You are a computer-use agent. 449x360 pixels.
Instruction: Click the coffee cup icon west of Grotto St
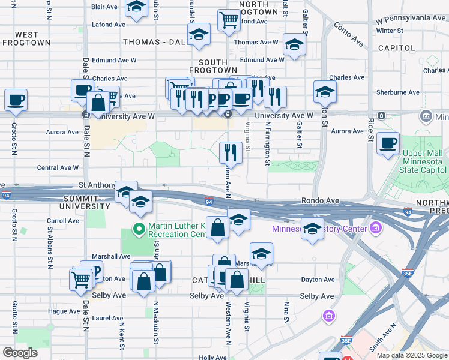16,100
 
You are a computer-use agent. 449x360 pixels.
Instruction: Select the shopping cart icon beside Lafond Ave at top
229,20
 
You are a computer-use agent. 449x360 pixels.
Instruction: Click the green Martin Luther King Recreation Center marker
139,229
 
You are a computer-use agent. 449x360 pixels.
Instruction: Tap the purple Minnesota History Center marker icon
376,228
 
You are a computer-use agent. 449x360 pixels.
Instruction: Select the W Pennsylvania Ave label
411,19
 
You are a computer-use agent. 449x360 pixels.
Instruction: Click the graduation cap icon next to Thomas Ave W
294,46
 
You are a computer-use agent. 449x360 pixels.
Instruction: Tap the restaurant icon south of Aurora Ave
231,152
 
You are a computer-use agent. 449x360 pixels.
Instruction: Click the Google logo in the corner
19,353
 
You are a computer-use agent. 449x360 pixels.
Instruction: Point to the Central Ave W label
58,168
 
